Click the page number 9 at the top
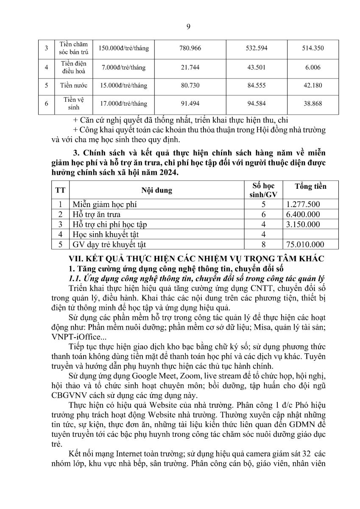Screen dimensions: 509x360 (188, 27)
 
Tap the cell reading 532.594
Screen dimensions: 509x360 (257, 48)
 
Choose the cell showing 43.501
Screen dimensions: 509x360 (257, 67)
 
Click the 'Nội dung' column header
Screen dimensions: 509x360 (157, 190)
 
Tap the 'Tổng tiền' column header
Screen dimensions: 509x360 (310, 186)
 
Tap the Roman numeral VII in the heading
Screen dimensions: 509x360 (76, 259)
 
